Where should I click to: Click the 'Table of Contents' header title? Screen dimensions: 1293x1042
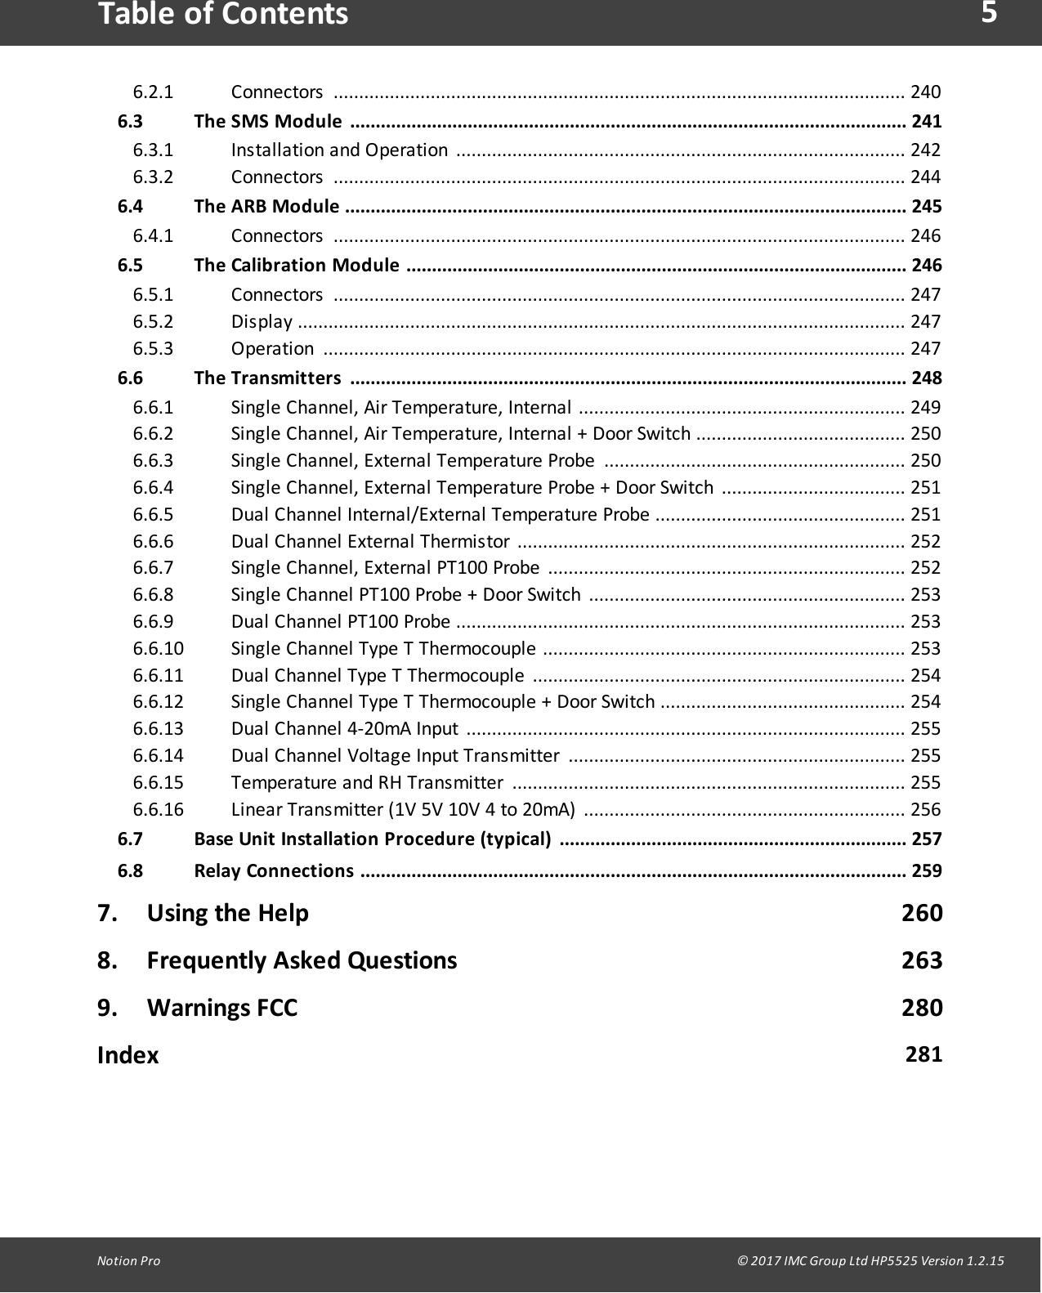tap(222, 15)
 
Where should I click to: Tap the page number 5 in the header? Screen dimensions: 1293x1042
tap(989, 13)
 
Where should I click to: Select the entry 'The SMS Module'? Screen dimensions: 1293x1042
tap(268, 122)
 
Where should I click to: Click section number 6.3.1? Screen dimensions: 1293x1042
tap(154, 150)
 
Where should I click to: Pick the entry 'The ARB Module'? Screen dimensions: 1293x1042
tap(266, 206)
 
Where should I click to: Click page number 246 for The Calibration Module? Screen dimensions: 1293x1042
tap(926, 266)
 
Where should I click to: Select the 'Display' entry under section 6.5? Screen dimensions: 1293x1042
tap(262, 322)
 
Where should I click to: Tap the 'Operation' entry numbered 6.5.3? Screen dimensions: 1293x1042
tap(272, 349)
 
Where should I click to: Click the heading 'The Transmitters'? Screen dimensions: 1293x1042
tap(267, 378)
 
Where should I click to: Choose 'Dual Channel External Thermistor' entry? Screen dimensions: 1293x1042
tap(371, 542)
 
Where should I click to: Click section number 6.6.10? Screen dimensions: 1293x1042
tap(159, 649)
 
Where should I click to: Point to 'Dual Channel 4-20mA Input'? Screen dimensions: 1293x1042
tap(344, 729)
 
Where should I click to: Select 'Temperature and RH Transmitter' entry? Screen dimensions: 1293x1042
tap(367, 783)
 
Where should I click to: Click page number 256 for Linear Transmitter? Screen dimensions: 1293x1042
tap(925, 810)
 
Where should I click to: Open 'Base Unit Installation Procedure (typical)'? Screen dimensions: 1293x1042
tap(372, 839)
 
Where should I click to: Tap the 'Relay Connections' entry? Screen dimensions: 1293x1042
tap(274, 870)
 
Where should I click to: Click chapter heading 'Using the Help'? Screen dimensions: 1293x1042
tap(227, 913)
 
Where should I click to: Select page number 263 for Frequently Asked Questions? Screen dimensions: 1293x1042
tap(922, 960)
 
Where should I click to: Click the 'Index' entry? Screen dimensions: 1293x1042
tap(127, 1055)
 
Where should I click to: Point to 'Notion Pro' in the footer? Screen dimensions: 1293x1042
tap(128, 1261)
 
